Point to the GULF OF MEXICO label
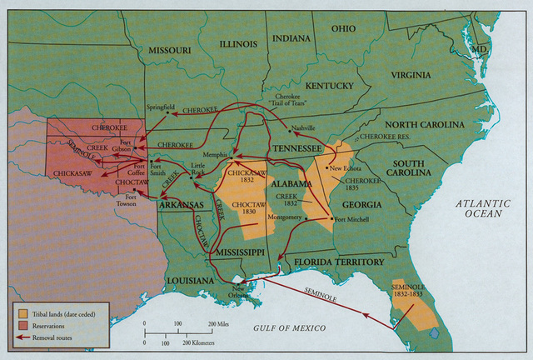pyautogui.click(x=291, y=327)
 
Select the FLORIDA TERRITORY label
pyautogui.click(x=337, y=262)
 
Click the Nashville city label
pyautogui.click(x=303, y=127)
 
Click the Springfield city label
pyautogui.click(x=161, y=107)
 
